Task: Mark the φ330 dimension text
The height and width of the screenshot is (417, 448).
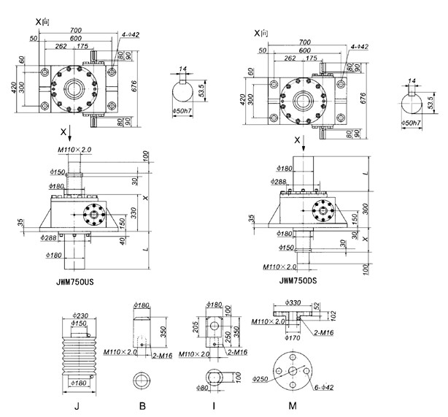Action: [291, 301]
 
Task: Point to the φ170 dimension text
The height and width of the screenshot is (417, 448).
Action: [294, 338]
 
